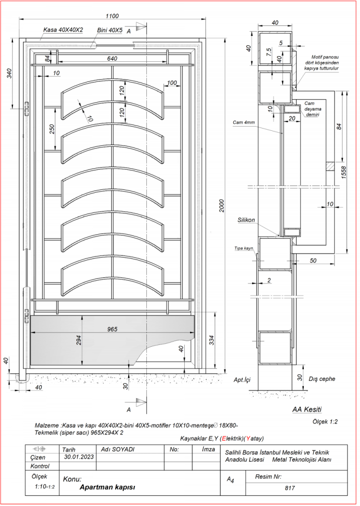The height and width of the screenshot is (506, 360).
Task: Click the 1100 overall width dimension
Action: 112,16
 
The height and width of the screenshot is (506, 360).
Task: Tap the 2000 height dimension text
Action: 221,206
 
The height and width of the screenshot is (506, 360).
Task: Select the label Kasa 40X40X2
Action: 63,30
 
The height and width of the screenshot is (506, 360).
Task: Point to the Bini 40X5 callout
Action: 110,30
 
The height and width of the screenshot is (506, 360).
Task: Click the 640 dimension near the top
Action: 112,59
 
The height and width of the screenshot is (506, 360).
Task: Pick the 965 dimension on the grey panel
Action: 112,329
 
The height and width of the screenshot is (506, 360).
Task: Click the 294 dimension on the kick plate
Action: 78,340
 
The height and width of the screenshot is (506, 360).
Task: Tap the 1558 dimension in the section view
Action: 344,173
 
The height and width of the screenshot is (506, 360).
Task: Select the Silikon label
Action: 246,220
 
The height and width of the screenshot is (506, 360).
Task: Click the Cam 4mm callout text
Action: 244,122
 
